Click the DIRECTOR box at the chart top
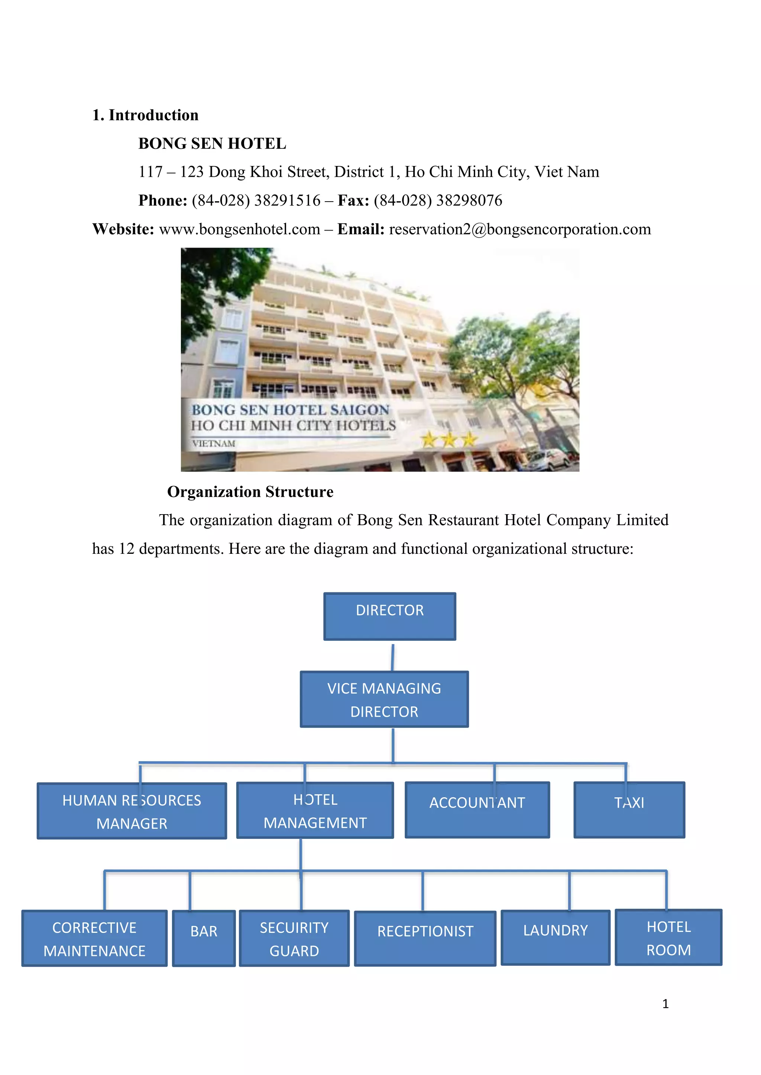(389, 616)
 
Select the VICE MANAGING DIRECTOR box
(384, 699)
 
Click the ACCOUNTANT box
(477, 810)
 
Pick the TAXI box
(629, 810)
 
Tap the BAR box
(204, 938)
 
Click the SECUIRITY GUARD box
(294, 938)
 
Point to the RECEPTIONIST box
(425, 938)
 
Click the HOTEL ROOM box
(669, 937)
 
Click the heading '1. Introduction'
(145, 115)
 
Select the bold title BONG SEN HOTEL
(212, 143)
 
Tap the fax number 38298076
(469, 200)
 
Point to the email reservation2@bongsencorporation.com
(520, 229)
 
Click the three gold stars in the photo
(448, 440)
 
